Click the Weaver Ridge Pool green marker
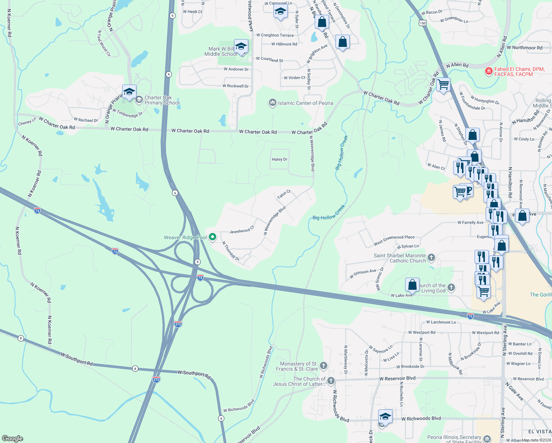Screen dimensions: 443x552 point(213,237)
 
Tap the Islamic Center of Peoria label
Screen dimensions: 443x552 point(305,103)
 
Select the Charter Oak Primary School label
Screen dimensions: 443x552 point(162,100)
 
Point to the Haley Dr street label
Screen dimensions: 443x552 point(279,159)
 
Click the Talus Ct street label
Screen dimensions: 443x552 point(284,194)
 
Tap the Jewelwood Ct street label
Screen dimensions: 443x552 point(242,231)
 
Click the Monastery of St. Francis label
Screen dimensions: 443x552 point(299,366)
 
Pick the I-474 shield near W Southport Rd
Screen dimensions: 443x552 point(156,380)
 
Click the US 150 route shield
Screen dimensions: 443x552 point(422,23)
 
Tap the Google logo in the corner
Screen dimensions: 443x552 point(12,438)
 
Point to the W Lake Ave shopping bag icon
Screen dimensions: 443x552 point(412,285)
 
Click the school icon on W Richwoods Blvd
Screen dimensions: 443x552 point(385,416)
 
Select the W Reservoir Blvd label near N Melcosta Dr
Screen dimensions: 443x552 point(397,378)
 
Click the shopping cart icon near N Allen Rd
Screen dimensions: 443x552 point(443,85)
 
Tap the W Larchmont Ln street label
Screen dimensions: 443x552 point(441,322)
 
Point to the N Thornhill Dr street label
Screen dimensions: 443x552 point(231,251)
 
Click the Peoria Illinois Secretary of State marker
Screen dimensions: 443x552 point(487,439)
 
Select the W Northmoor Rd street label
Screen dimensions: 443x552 point(524,48)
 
